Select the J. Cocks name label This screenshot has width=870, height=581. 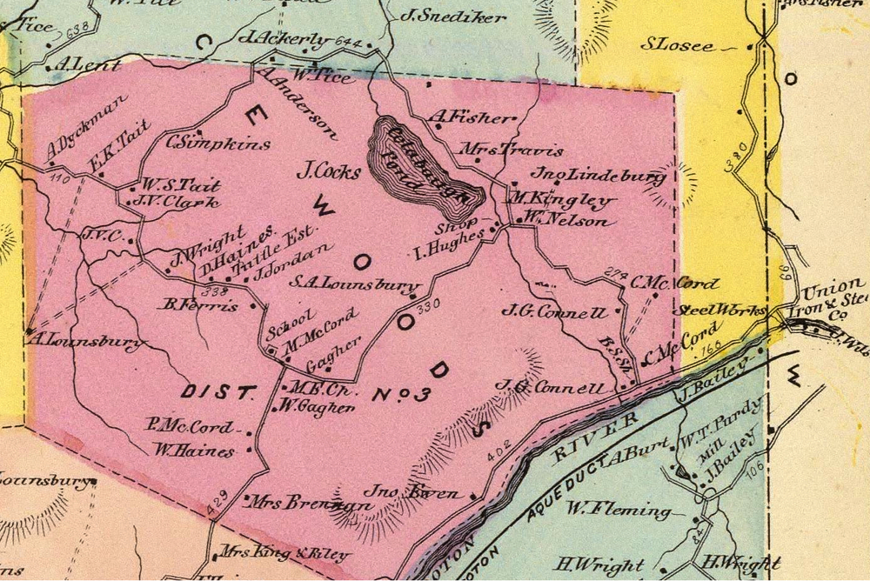pos(328,171)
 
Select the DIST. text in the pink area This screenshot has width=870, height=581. pos(216,392)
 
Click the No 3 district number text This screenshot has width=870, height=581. pos(402,395)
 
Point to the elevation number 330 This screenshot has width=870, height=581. pos(429,307)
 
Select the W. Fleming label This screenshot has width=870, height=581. pos(619,510)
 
